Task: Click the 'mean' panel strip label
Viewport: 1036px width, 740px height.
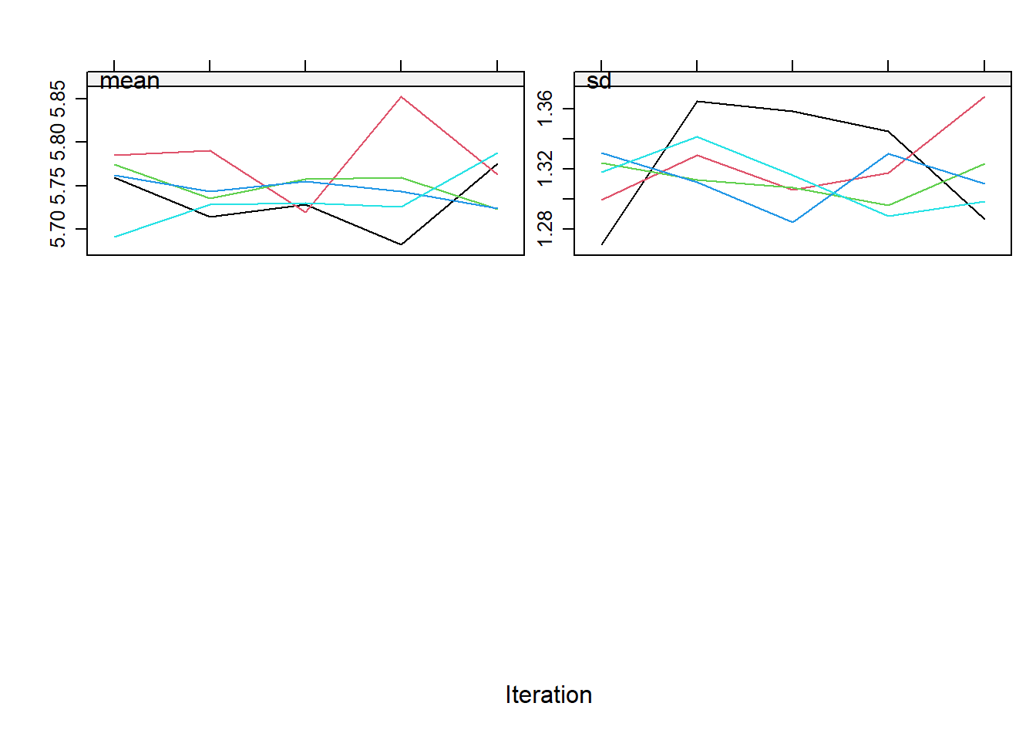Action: click(129, 81)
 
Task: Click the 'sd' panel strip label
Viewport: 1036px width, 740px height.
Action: click(598, 81)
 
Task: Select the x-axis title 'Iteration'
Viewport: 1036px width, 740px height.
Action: click(549, 695)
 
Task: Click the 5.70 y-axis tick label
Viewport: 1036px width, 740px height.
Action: click(58, 229)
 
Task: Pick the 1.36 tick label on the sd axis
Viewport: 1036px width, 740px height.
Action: click(545, 108)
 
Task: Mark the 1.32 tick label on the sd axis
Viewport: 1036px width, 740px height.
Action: click(545, 168)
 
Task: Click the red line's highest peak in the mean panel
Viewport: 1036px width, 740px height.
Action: click(401, 96)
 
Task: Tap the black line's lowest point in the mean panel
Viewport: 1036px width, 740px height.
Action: click(401, 244)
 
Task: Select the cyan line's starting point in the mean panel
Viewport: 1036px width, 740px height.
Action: click(114, 237)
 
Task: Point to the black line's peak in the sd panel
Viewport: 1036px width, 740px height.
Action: click(697, 101)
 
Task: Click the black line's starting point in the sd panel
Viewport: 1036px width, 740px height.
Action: click(602, 244)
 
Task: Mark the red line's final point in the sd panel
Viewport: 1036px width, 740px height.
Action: click(984, 97)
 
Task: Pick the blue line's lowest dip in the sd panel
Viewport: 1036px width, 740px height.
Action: click(792, 222)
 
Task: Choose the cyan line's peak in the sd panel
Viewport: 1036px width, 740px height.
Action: click(697, 137)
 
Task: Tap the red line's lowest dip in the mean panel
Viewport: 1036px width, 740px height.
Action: click(306, 212)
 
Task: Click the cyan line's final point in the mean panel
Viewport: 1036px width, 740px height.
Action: click(497, 153)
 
